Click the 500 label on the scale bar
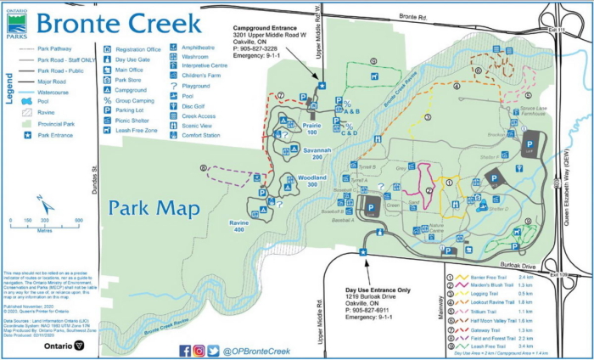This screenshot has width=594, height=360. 78,220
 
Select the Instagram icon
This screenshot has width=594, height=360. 199,350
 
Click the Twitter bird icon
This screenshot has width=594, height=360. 213,350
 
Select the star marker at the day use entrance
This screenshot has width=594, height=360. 363,252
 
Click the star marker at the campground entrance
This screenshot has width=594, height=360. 322,85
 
